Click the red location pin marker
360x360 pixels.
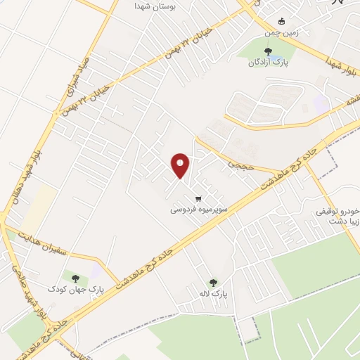tap(181, 165)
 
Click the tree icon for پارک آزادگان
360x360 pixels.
tap(267, 51)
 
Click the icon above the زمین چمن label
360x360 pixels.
tap(283, 21)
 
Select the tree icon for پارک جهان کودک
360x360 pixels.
tap(75, 278)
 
